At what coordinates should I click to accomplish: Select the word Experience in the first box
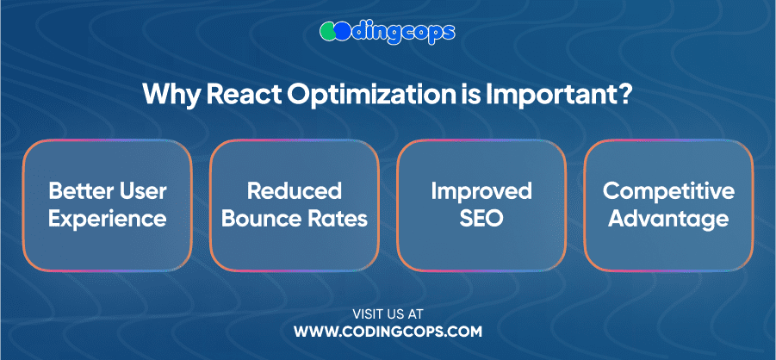pos(108,220)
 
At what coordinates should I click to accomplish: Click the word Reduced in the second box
pos(295,191)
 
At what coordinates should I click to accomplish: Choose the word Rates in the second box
pos(334,219)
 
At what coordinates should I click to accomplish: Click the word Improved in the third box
pos(481,192)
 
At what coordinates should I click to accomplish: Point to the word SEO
pos(481,219)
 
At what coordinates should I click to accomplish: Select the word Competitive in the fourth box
pos(668,192)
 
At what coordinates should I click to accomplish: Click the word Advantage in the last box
pos(668,220)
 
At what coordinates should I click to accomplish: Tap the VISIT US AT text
pos(388,313)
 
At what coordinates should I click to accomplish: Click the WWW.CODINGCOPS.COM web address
pos(388,332)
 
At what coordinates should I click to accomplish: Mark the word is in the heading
pos(474,93)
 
